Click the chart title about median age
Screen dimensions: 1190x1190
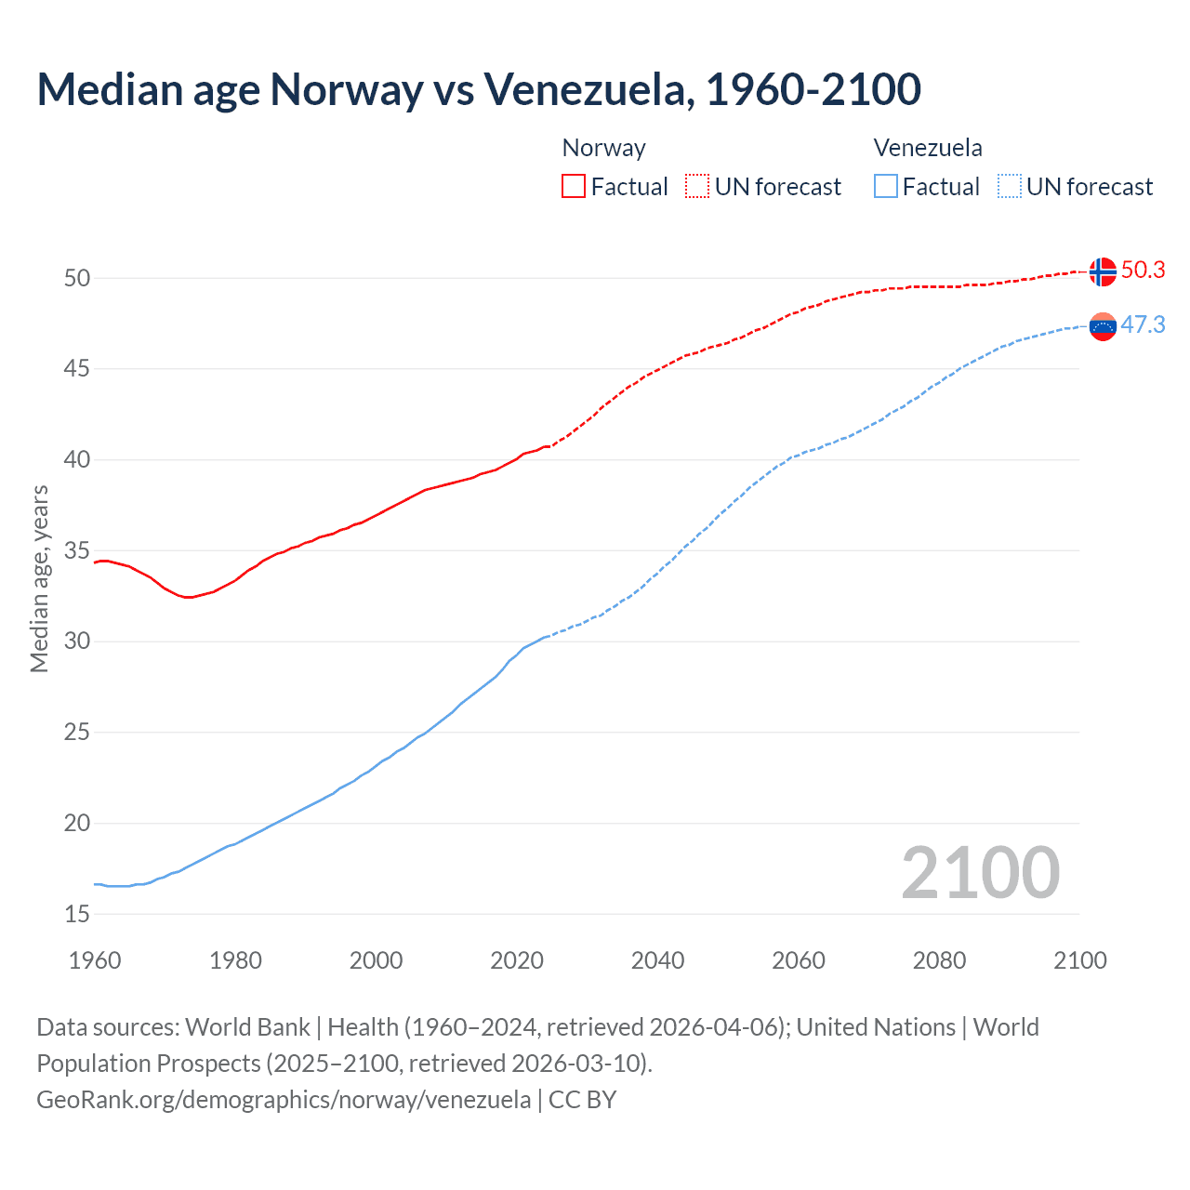pyautogui.click(x=479, y=89)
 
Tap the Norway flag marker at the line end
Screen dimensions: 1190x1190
pyautogui.click(x=1102, y=271)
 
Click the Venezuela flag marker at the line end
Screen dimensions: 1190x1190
pyautogui.click(x=1102, y=326)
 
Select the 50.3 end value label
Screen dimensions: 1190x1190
pyautogui.click(x=1143, y=270)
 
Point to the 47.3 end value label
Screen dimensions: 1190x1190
pyautogui.click(x=1143, y=324)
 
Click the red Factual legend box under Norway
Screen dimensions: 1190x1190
pyautogui.click(x=574, y=186)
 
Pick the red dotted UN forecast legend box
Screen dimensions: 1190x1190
pyautogui.click(x=697, y=186)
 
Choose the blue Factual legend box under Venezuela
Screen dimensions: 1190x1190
pyautogui.click(x=886, y=186)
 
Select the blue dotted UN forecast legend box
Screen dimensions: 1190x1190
pyautogui.click(x=1010, y=186)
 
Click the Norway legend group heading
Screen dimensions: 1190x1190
pyautogui.click(x=603, y=148)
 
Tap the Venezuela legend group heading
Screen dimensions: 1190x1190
pyautogui.click(x=927, y=148)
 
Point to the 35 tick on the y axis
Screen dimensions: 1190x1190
pyautogui.click(x=77, y=550)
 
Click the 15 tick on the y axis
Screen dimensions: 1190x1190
pyautogui.click(x=77, y=914)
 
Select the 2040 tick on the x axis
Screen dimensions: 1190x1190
pyautogui.click(x=657, y=960)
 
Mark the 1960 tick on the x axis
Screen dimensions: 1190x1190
pyautogui.click(x=95, y=960)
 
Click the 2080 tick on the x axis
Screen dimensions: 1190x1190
pyautogui.click(x=939, y=960)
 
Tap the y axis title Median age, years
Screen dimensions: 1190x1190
pyautogui.click(x=39, y=578)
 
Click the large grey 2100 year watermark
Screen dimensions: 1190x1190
pyautogui.click(x=980, y=872)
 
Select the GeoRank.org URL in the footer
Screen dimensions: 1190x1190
pyautogui.click(x=284, y=1100)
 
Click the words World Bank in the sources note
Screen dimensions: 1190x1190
pyautogui.click(x=247, y=1027)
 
